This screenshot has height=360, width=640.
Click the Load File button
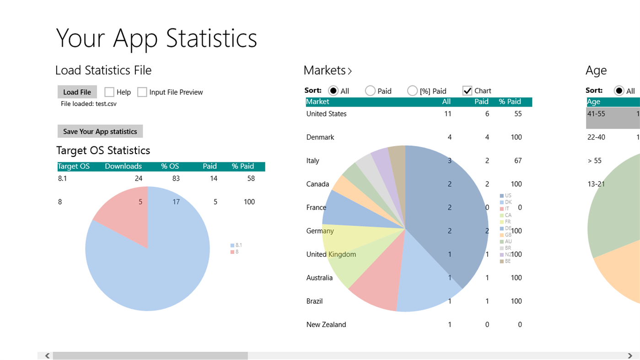pyautogui.click(x=77, y=92)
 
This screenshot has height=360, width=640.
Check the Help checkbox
pyautogui.click(x=109, y=92)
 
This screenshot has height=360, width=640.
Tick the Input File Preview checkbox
pyautogui.click(x=142, y=92)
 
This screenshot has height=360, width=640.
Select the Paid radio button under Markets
pyautogui.click(x=370, y=91)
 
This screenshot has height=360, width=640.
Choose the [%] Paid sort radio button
pyautogui.click(x=412, y=91)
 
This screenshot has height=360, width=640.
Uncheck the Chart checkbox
pyautogui.click(x=467, y=91)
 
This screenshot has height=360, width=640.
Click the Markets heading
pyautogui.click(x=327, y=70)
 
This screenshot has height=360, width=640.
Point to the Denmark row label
pyautogui.click(x=320, y=137)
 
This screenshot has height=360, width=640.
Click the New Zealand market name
pyautogui.click(x=326, y=324)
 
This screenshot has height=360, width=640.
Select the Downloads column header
pyautogui.click(x=123, y=167)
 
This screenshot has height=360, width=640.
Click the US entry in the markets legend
pyautogui.click(x=506, y=196)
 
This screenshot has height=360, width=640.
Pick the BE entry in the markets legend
pyautogui.click(x=506, y=261)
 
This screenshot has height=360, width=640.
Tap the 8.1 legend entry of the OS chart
pyautogui.click(x=236, y=246)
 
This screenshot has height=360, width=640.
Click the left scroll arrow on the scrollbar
pyautogui.click(x=47, y=355)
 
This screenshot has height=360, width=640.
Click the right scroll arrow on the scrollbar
pyautogui.click(x=630, y=355)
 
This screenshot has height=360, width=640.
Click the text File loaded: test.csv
pyautogui.click(x=89, y=104)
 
